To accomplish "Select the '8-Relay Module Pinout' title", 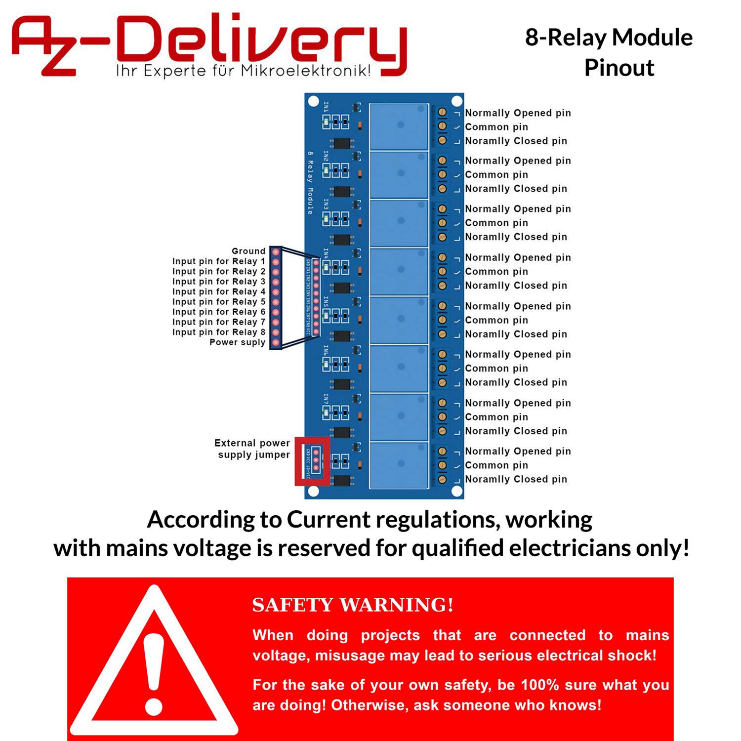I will pyautogui.click(x=609, y=52).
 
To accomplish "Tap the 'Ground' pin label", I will pyautogui.click(x=248, y=251).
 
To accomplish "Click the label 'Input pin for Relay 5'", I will pyautogui.click(x=218, y=302).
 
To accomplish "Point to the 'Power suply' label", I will pyautogui.click(x=237, y=342).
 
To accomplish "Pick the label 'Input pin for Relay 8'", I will pyautogui.click(x=218, y=332).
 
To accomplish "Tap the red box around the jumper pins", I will pyautogui.click(x=313, y=461).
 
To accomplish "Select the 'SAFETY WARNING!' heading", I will pyautogui.click(x=353, y=605).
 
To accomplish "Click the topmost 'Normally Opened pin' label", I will pyautogui.click(x=518, y=113).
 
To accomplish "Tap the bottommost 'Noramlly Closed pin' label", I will pyautogui.click(x=516, y=479).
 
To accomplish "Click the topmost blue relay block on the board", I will pyautogui.click(x=399, y=126).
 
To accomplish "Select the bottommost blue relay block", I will pyautogui.click(x=399, y=465).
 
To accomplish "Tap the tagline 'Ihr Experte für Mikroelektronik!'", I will pyautogui.click(x=243, y=71).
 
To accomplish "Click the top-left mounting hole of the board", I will pyautogui.click(x=313, y=102).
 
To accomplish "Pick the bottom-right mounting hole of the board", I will pyautogui.click(x=457, y=491).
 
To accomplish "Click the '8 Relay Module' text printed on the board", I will pyautogui.click(x=310, y=183).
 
